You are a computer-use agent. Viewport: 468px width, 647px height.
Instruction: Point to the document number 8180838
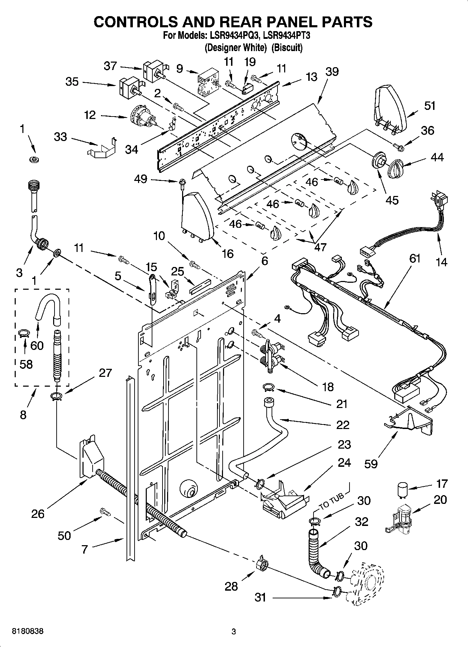(28, 631)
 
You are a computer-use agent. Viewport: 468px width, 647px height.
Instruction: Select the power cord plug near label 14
(438, 199)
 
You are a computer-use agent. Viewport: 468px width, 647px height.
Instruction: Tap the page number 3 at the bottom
(234, 632)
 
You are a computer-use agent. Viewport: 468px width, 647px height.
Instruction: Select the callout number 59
(371, 464)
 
